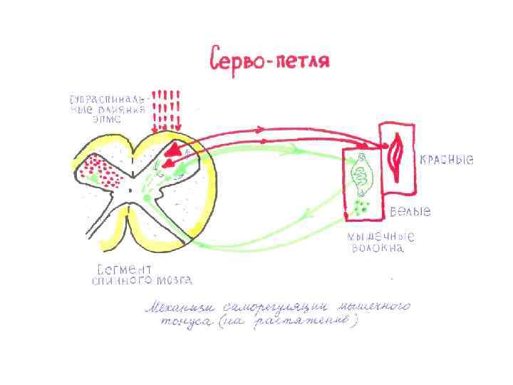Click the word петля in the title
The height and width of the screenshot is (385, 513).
[304, 59]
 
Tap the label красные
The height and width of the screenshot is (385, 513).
[447, 160]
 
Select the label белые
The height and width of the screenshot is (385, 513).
[410, 212]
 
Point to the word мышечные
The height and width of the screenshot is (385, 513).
[381, 236]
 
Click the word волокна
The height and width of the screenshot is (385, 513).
[378, 249]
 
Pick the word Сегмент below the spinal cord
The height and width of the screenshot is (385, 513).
[123, 269]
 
